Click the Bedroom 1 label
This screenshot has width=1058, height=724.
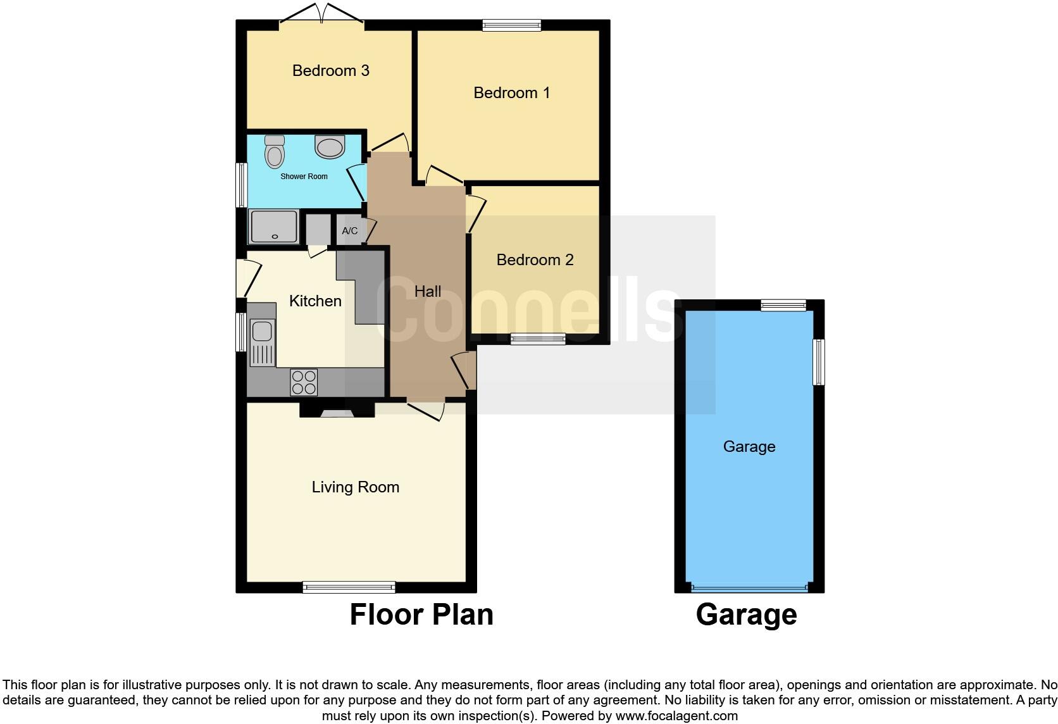511,93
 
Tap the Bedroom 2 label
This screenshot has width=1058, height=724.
535,259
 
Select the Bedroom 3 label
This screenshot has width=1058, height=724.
330,70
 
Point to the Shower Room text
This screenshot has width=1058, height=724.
304,177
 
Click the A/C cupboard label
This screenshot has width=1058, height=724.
350,231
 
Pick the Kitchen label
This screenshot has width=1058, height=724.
315,301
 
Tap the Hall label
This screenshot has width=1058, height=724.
428,291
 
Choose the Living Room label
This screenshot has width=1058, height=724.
355,487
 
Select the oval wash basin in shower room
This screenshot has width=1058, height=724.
330,147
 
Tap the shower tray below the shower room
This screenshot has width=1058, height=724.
274,227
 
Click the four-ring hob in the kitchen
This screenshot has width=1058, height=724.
304,382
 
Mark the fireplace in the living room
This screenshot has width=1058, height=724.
337,411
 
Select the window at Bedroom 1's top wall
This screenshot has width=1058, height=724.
511,25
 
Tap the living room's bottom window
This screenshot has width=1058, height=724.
349,587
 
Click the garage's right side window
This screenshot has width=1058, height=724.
819,362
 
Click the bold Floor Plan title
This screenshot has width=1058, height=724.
421,615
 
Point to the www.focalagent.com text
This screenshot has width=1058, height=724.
676,716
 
